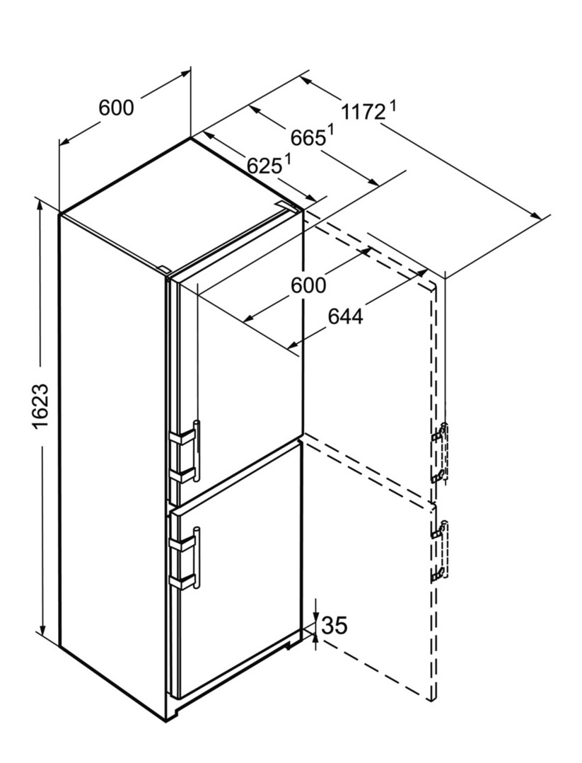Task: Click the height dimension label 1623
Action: click(42, 406)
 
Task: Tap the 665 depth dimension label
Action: click(308, 138)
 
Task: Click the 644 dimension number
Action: click(345, 317)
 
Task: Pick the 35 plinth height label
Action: click(335, 625)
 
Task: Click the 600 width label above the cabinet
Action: click(116, 108)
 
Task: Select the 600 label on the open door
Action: click(308, 285)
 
